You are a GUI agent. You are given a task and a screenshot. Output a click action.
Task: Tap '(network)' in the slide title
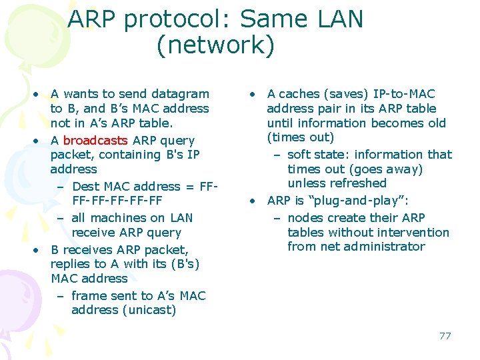click(x=215, y=45)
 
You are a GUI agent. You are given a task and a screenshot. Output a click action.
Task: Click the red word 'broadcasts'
click(x=95, y=141)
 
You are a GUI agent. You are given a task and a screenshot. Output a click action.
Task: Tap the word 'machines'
click(x=118, y=218)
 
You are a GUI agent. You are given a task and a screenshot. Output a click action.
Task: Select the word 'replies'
click(x=71, y=264)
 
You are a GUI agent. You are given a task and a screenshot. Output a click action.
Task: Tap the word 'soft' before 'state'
click(x=299, y=154)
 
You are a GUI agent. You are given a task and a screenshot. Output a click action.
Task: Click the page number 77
click(x=445, y=335)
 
